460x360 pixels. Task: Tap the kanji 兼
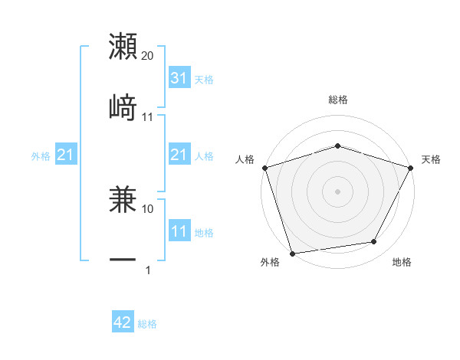pyautogui.click(x=123, y=201)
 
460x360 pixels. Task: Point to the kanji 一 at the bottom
pyautogui.click(x=123, y=260)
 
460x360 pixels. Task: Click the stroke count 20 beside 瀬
pyautogui.click(x=148, y=56)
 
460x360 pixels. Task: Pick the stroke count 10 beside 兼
pyautogui.click(x=148, y=208)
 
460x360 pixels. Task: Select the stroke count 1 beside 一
pyautogui.click(x=148, y=270)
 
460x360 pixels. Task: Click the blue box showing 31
pyautogui.click(x=179, y=78)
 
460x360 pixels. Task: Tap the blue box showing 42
pyautogui.click(x=123, y=323)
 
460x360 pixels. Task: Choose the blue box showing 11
pyautogui.click(x=179, y=231)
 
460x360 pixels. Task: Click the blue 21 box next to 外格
pyautogui.click(x=65, y=155)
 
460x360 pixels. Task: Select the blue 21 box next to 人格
pyautogui.click(x=179, y=155)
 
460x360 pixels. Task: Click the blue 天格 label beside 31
pyautogui.click(x=204, y=80)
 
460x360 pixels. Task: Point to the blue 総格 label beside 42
pyautogui.click(x=147, y=324)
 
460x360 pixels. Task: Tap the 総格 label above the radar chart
pyautogui.click(x=337, y=100)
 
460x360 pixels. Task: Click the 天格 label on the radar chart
pyautogui.click(x=431, y=159)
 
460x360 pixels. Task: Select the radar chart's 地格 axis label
pyautogui.click(x=402, y=263)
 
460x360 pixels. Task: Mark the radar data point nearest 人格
pyautogui.click(x=264, y=168)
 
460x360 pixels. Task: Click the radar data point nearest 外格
pyautogui.click(x=292, y=253)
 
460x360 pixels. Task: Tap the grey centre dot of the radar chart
pyautogui.click(x=337, y=191)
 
